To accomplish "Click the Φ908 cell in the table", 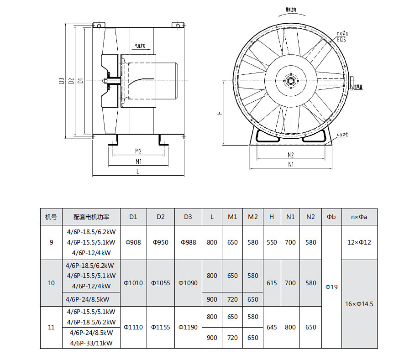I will point(133,242).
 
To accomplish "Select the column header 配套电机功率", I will point(91,217).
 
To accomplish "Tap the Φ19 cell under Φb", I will point(331,287).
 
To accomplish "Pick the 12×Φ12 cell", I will point(359,242).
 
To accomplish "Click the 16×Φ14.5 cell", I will point(359,303).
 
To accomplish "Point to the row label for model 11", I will point(51,327).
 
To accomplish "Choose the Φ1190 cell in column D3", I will point(188,327).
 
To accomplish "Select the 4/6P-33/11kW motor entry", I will point(91,343).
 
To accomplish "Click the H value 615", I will point(272,283).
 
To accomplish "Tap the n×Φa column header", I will point(359,217).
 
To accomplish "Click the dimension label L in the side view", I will point(137,171).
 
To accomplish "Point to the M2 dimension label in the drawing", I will point(138,151).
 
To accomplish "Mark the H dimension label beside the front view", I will point(220,112).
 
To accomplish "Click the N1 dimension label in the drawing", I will point(291,164).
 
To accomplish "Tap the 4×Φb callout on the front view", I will point(343,135).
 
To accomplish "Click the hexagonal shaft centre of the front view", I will point(291,82).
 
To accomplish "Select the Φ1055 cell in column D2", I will point(161,283).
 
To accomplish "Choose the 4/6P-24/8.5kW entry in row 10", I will point(88,299).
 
